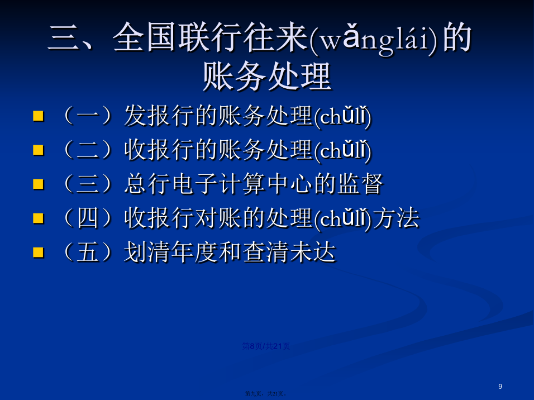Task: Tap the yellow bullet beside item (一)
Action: (38, 116)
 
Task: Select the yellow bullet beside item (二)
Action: (38, 150)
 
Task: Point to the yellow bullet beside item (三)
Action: (38, 184)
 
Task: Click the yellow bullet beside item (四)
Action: (38, 218)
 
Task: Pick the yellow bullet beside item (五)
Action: (38, 253)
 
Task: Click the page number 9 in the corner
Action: (500, 387)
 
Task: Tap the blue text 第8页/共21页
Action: (266, 346)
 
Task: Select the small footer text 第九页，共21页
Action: (266, 393)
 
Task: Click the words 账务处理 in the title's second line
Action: (268, 77)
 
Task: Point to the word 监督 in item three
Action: (361, 184)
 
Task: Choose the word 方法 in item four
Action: (396, 218)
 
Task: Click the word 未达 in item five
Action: (313, 252)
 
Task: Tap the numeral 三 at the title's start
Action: (63, 37)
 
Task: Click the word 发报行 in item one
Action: (159, 116)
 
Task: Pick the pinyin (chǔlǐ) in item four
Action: (342, 218)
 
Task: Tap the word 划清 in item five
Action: (147, 252)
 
